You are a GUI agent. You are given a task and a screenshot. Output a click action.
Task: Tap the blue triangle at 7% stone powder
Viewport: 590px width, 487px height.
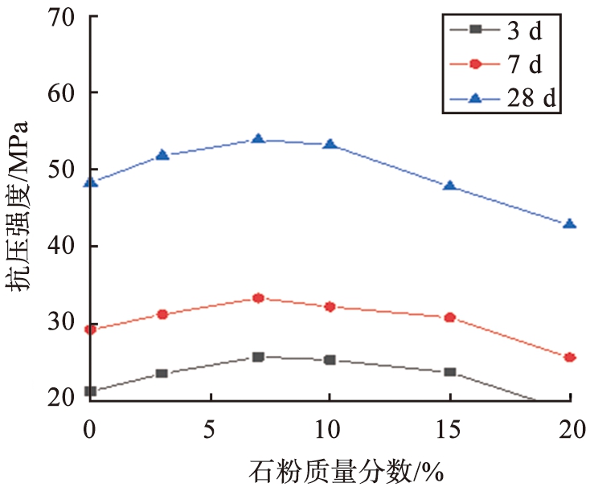[258, 139]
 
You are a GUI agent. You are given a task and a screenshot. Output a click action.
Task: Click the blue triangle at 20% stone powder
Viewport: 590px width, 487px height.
[569, 224]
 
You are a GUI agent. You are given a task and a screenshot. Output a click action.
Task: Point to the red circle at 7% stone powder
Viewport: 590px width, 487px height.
[258, 298]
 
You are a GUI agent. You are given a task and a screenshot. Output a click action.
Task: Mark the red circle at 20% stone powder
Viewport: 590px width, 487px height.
[569, 358]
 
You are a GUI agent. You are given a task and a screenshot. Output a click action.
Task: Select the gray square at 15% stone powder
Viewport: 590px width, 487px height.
[449, 372]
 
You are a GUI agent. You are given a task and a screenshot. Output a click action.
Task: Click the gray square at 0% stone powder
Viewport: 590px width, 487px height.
[90, 391]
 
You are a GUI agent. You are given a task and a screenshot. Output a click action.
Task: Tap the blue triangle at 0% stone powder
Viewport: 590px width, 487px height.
[90, 182]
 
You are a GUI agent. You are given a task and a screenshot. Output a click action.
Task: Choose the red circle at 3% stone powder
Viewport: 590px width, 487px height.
[162, 314]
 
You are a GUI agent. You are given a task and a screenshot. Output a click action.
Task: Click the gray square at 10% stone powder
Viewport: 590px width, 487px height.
[330, 360]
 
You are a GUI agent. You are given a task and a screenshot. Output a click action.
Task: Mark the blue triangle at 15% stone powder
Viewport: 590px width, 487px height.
[449, 186]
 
